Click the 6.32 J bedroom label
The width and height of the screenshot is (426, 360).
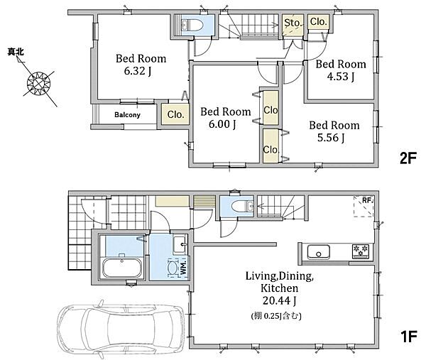141,65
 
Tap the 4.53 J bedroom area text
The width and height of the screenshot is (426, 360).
340,77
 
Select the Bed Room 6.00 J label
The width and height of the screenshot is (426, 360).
226,118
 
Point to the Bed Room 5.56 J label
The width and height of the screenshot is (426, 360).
334,131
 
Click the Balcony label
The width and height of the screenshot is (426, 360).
127,114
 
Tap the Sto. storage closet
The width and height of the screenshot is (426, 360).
293,25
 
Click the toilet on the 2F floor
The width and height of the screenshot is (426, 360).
192,26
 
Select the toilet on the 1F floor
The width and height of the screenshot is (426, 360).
242,206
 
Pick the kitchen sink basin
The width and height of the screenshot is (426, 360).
318,252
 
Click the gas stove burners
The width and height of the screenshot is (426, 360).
361,251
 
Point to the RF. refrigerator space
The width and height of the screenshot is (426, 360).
364,207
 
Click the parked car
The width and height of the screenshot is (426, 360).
121,329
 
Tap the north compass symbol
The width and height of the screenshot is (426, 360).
39,83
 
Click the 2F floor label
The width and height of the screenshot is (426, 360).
408,158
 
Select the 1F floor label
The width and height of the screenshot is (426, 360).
408,337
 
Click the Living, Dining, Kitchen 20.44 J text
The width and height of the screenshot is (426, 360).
279,288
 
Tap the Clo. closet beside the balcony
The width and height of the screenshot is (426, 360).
175,114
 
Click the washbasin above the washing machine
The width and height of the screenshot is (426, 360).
180,244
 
